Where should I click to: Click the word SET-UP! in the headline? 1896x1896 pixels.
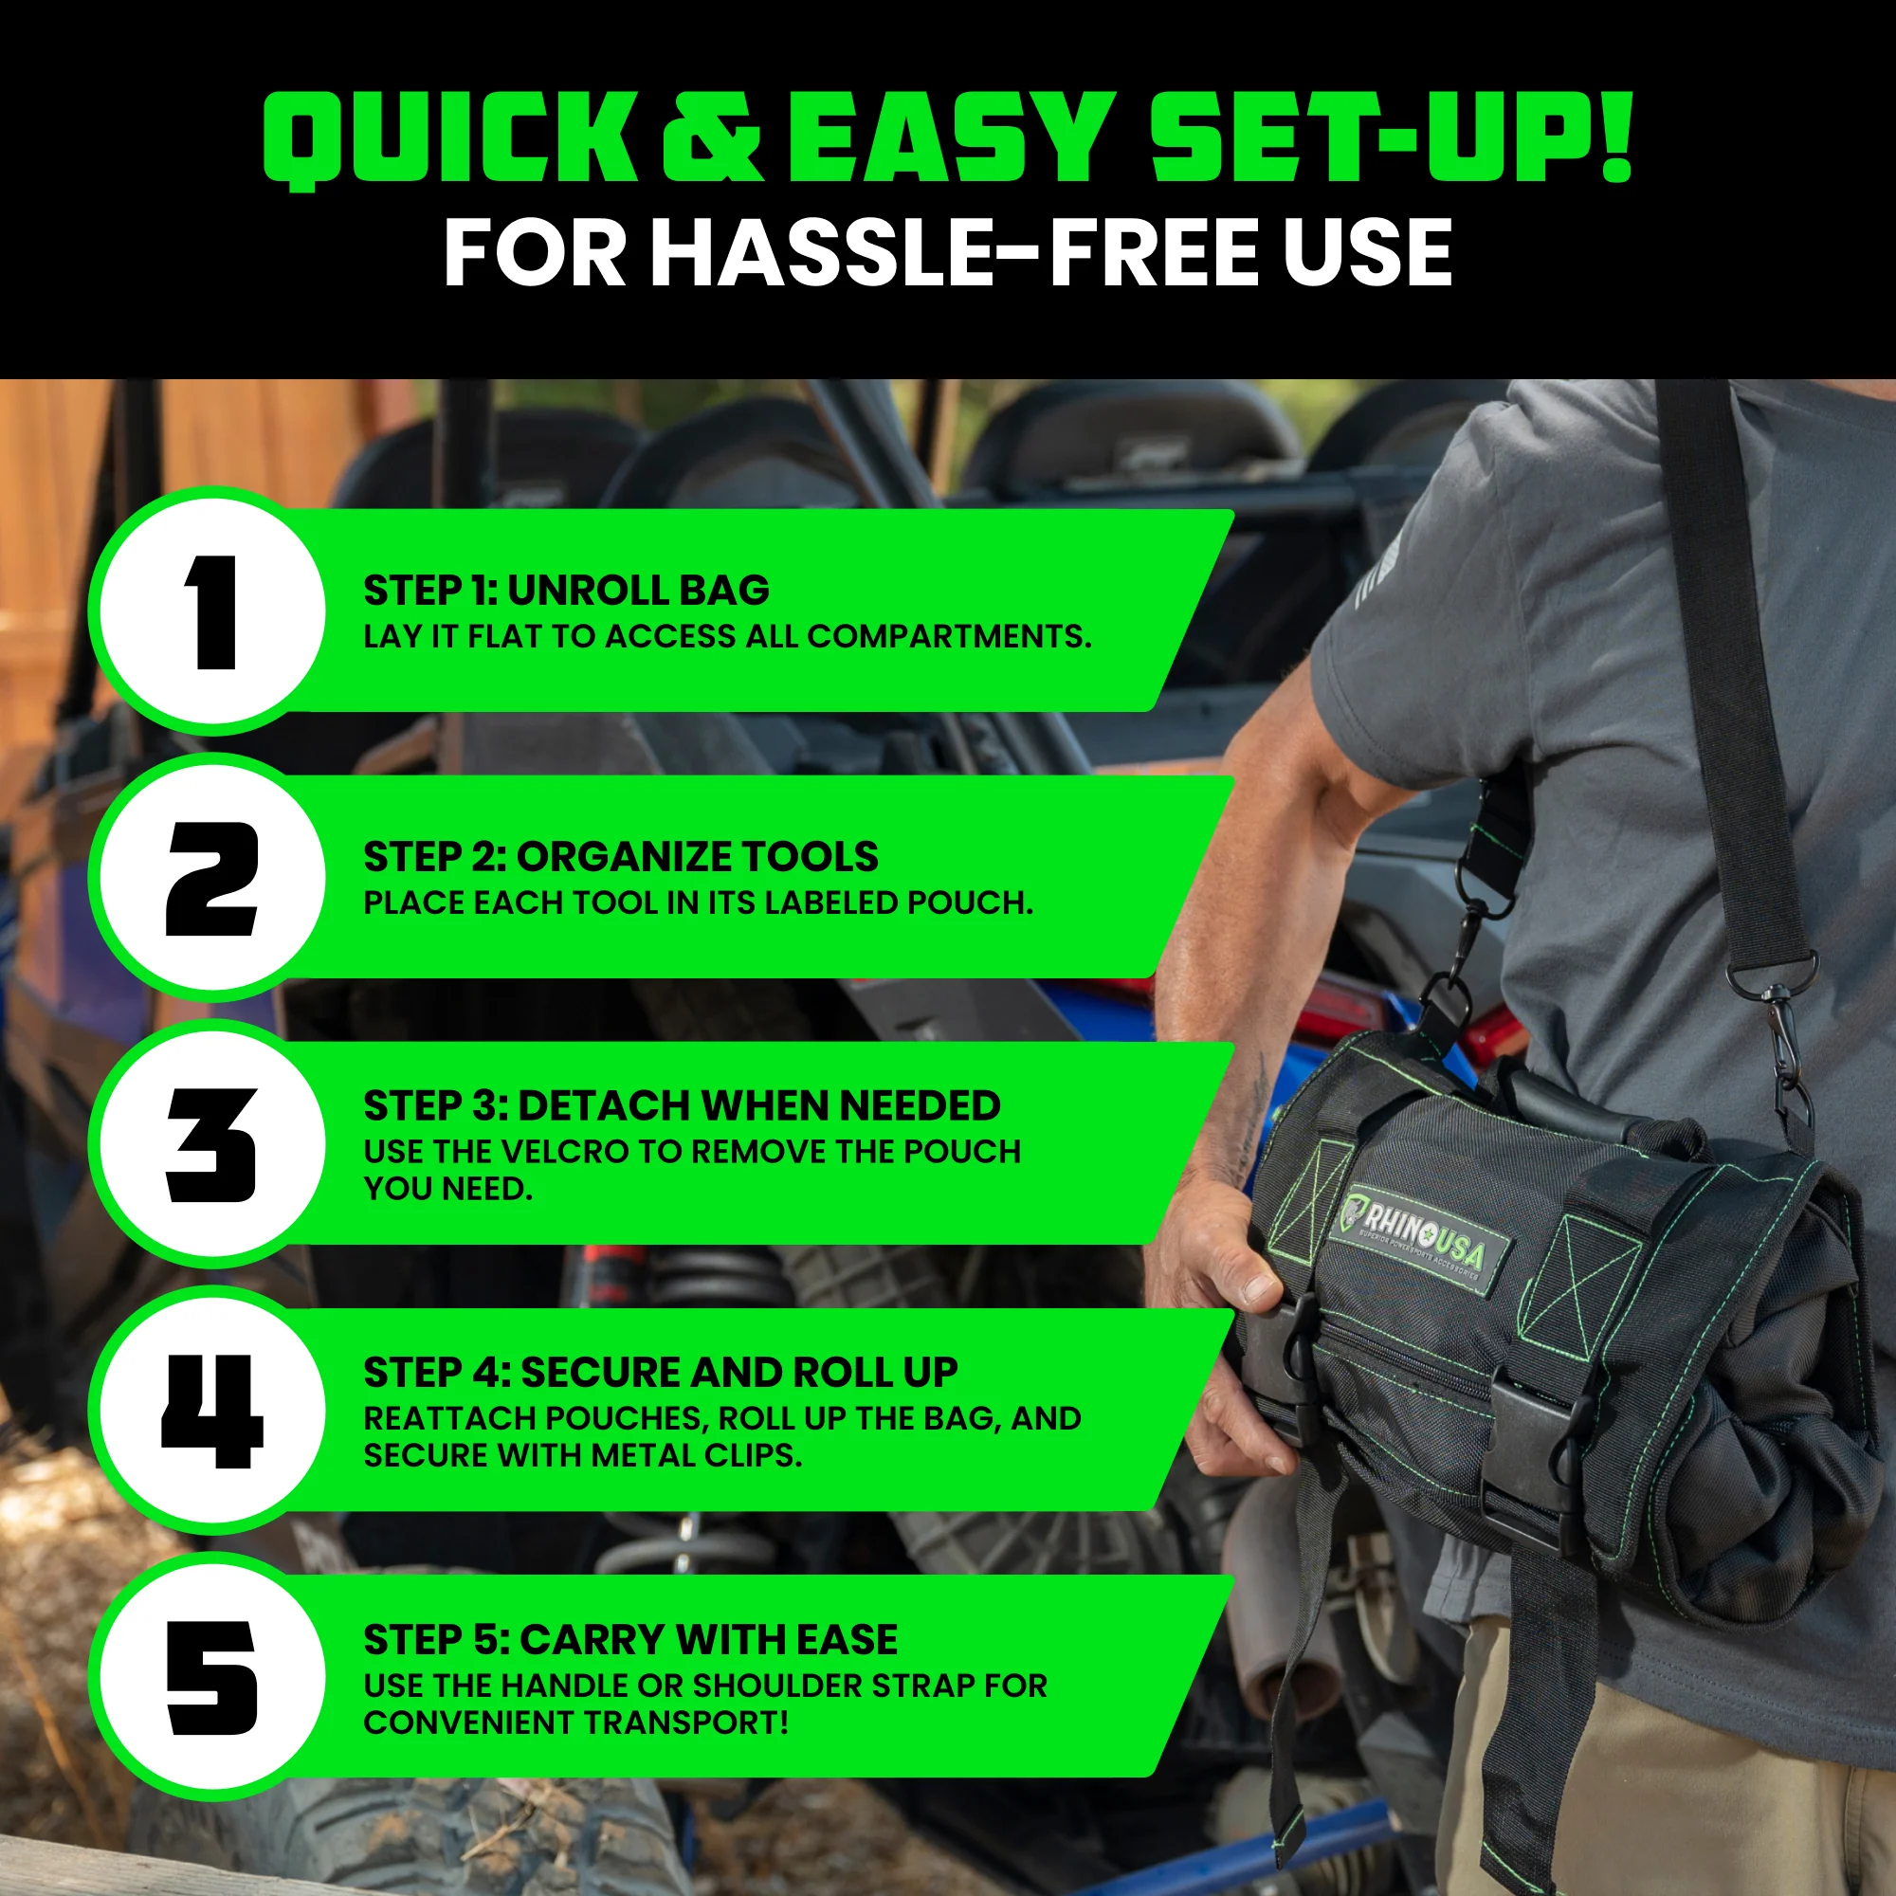[1389, 137]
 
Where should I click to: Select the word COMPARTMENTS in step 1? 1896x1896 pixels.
[948, 637]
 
